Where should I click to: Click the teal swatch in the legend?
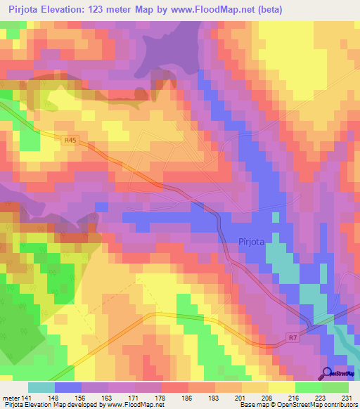click(x=41, y=387)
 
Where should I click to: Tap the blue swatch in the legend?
click(x=68, y=387)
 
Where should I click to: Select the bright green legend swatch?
click(x=309, y=387)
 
